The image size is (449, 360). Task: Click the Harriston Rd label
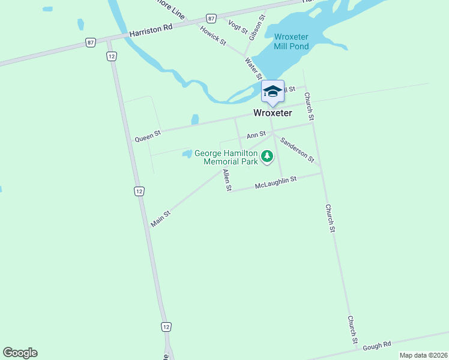coord(151,31)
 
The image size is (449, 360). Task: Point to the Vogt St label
coord(238,26)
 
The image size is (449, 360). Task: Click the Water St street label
coord(253,68)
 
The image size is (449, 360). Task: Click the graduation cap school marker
coord(273,92)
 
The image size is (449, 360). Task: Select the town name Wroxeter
coord(273,113)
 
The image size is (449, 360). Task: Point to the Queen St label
coord(148,136)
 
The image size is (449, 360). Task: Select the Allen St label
coord(227,179)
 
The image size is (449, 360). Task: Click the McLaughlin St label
coord(276,182)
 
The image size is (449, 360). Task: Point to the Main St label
coord(161,218)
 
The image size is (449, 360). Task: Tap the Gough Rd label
coord(377,345)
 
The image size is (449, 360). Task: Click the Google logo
coord(20,353)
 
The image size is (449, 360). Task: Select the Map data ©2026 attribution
coord(423,355)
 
